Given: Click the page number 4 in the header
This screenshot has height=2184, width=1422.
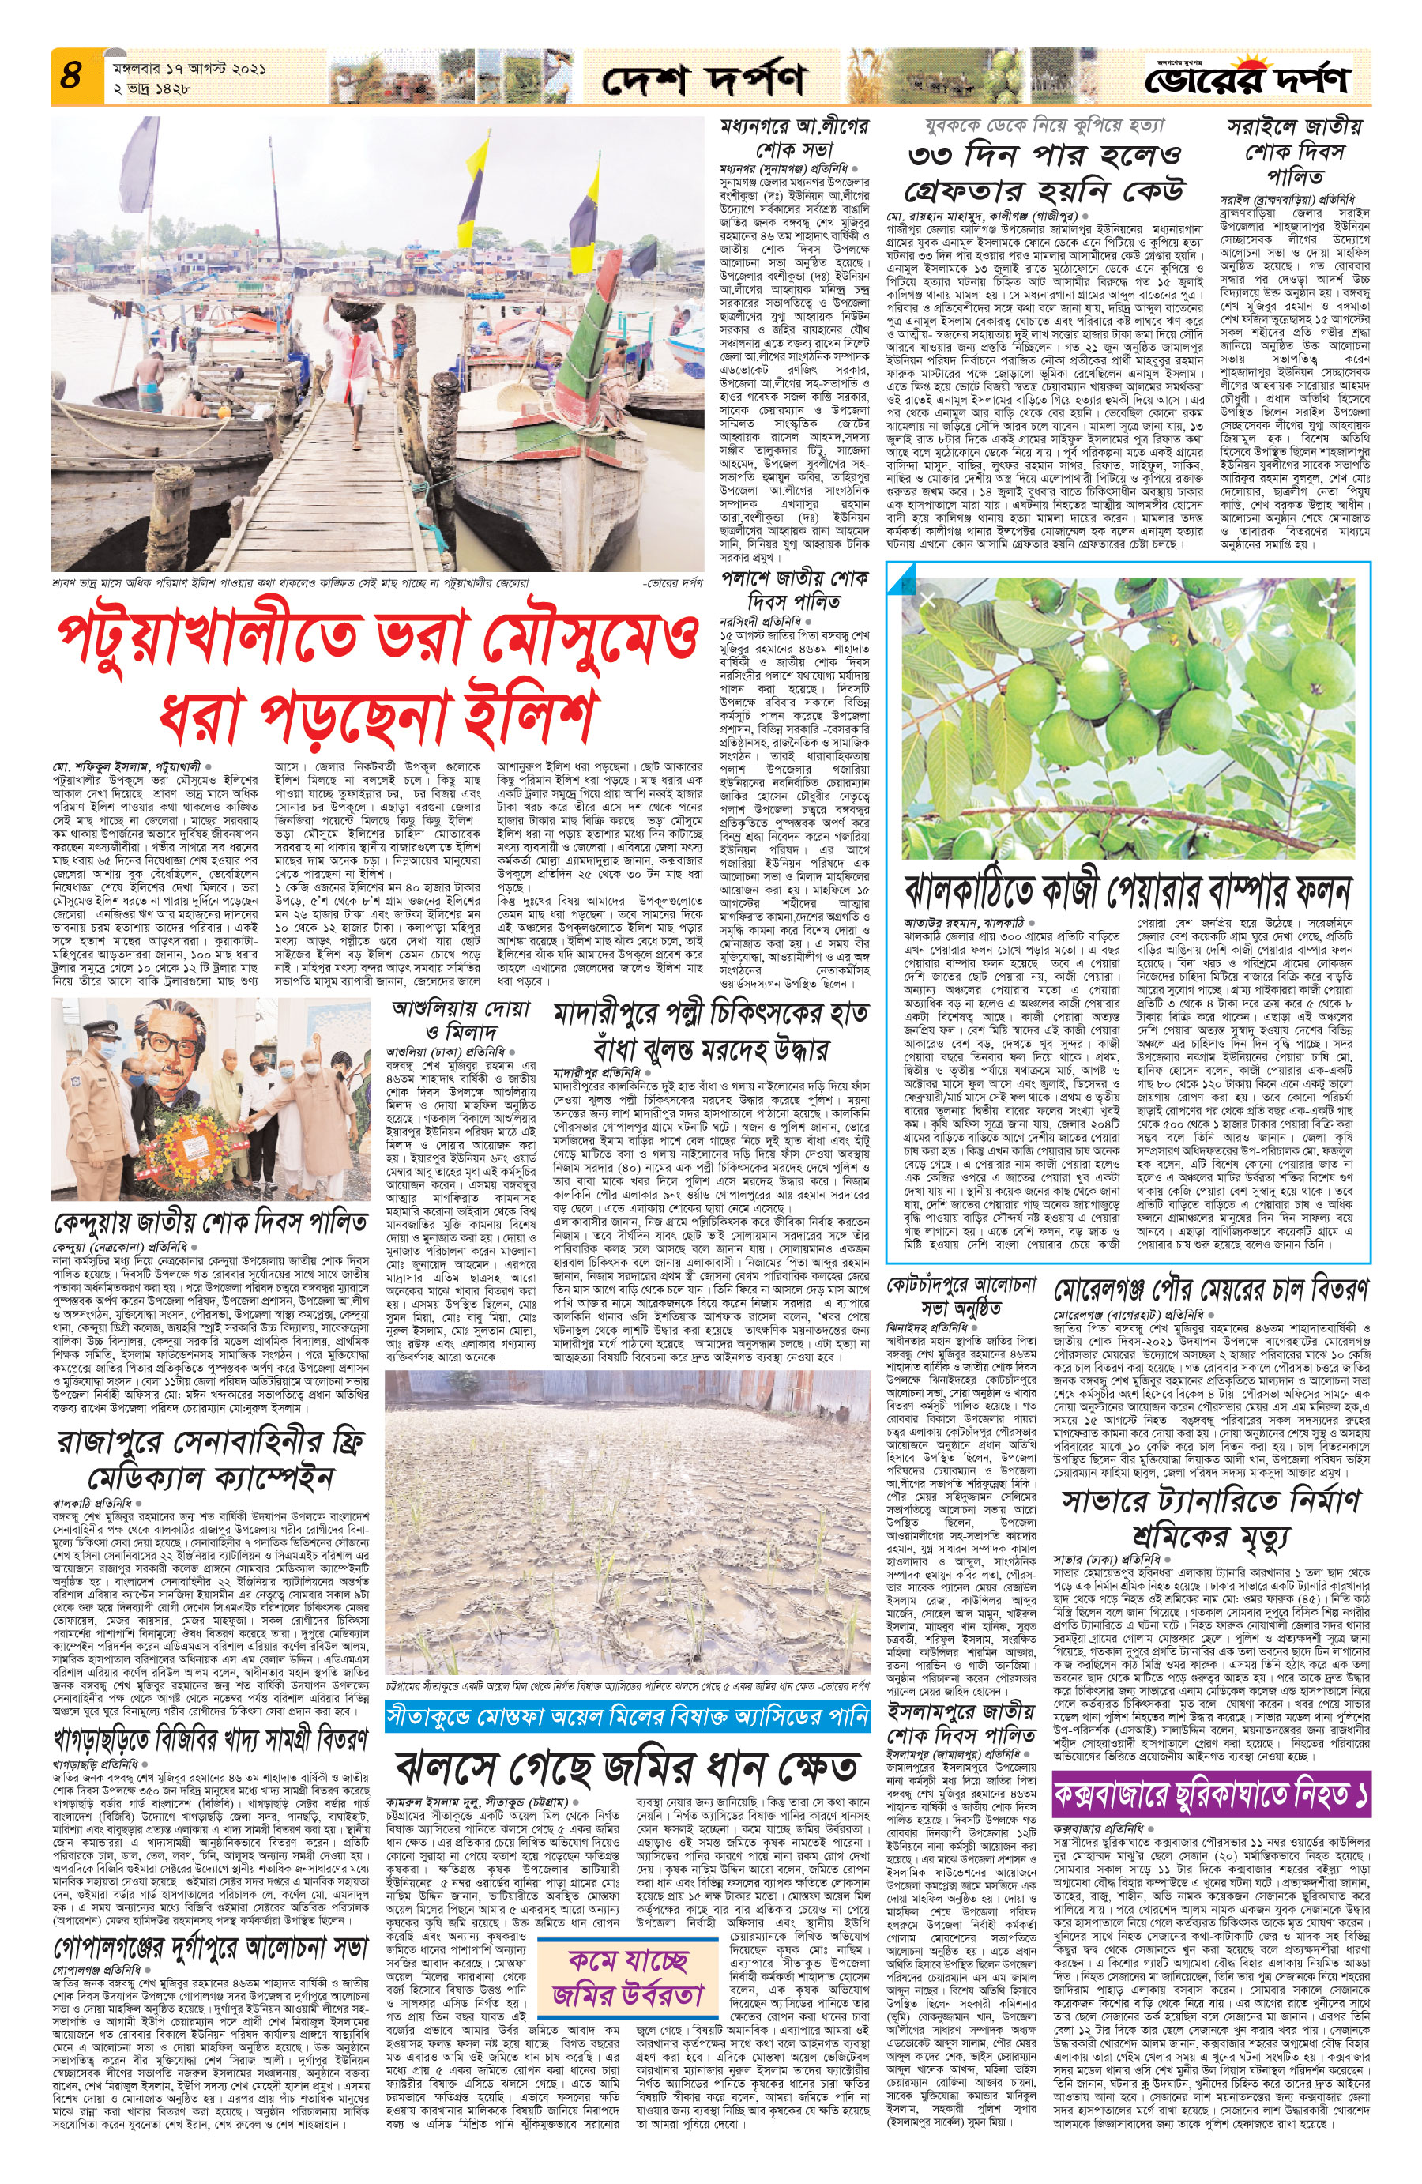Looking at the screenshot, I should tap(73, 76).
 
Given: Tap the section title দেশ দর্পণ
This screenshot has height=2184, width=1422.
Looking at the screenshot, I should tap(704, 80).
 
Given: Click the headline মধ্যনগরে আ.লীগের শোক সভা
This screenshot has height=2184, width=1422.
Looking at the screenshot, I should tap(795, 136).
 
